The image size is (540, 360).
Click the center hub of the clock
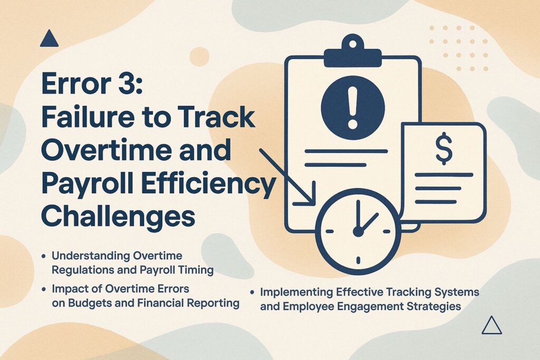358,231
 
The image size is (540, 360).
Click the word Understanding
90,256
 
